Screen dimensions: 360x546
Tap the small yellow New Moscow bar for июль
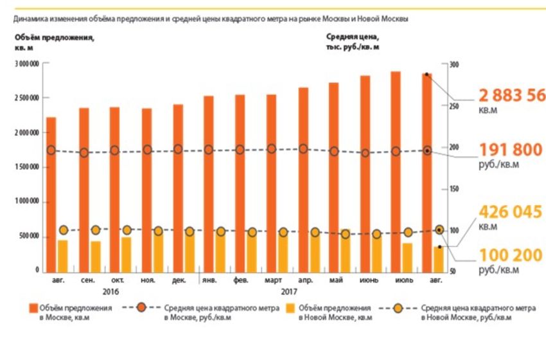pyautogui.click(x=407, y=257)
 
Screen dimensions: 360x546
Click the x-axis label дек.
pyautogui.click(x=178, y=280)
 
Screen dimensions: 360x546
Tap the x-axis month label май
pyautogui.click(x=334, y=280)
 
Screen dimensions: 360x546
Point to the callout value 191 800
pyautogui.click(x=511, y=150)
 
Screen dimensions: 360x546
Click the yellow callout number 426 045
pyautogui.click(x=511, y=212)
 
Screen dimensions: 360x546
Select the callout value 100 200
pyautogui.click(x=511, y=256)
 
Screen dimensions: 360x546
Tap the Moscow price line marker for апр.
pyautogui.click(x=303, y=149)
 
